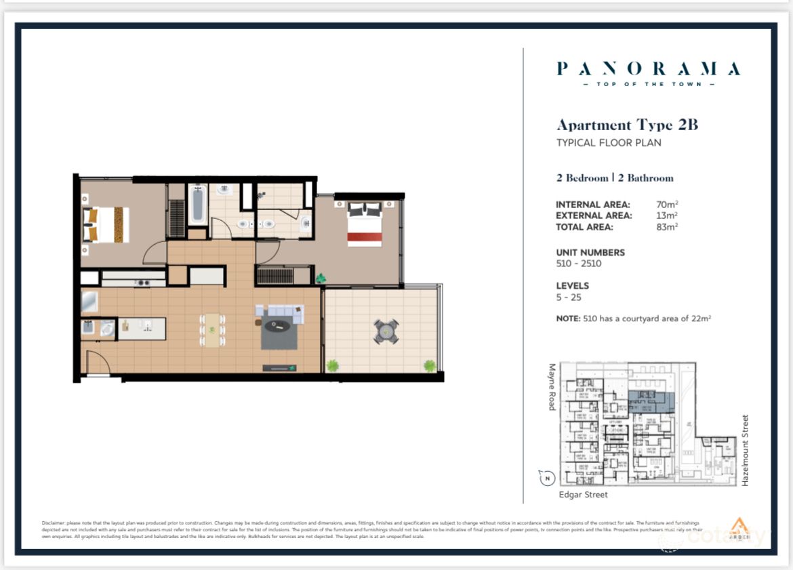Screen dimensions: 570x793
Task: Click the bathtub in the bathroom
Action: click(x=197, y=205)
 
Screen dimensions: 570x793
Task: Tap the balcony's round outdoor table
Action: click(x=386, y=331)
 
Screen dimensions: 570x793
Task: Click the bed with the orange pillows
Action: click(x=105, y=224)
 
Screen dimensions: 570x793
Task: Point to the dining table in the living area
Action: click(x=213, y=330)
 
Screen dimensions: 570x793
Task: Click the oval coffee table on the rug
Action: click(x=277, y=325)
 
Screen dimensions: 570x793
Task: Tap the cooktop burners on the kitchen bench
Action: click(x=142, y=283)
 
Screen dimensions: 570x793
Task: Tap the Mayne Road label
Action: click(x=552, y=387)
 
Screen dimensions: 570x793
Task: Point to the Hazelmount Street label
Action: click(x=745, y=450)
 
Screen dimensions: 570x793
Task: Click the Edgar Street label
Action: click(x=583, y=495)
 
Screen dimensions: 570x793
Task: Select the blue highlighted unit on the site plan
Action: click(x=649, y=401)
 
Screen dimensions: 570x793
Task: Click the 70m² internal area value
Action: click(x=667, y=204)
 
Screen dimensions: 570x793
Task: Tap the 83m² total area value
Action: click(x=667, y=227)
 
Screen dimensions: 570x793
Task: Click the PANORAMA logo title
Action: click(x=648, y=68)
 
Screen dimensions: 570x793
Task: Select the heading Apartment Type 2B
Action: click(x=627, y=125)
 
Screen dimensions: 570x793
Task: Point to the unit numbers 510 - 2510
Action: click(x=578, y=264)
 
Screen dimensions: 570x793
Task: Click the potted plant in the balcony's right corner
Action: click(x=430, y=366)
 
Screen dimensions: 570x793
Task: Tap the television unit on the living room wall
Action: click(x=279, y=367)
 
